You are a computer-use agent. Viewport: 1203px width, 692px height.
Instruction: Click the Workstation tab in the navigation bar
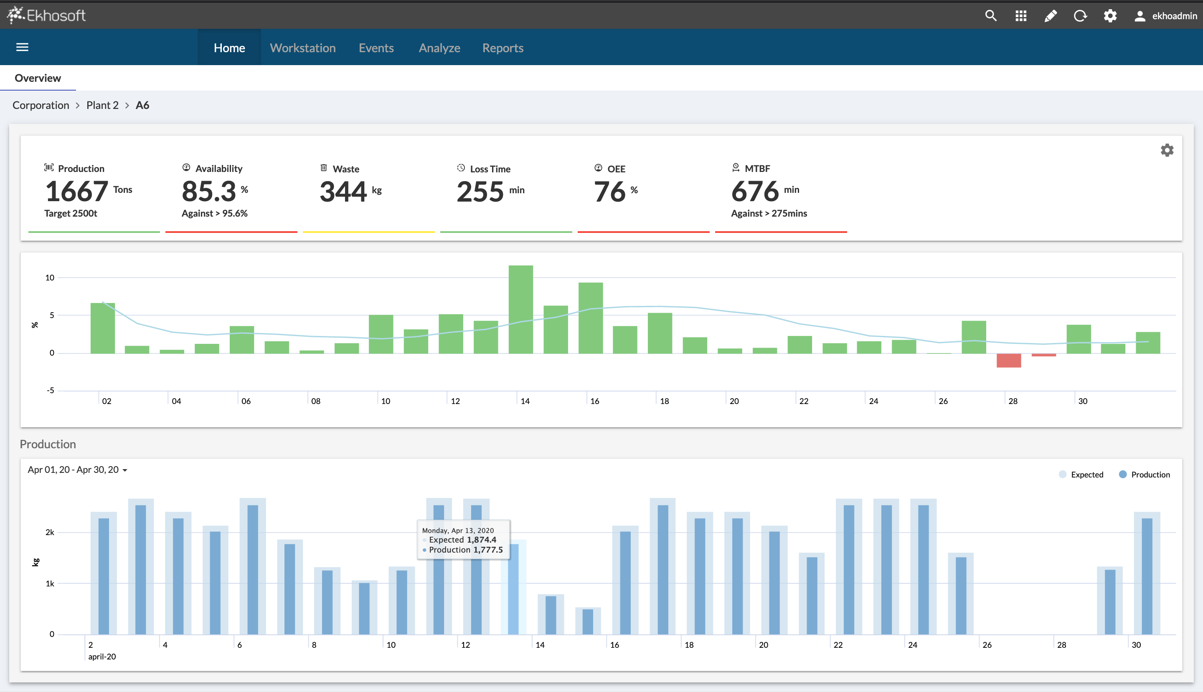click(x=302, y=48)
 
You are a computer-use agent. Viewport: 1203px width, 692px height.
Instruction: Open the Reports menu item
click(x=503, y=48)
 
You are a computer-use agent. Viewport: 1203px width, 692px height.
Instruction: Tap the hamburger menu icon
click(x=23, y=47)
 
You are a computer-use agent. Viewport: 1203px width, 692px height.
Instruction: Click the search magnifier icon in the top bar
click(x=990, y=16)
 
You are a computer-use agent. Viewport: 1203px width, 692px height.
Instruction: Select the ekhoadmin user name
click(x=1174, y=16)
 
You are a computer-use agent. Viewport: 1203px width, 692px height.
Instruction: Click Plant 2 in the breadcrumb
click(x=102, y=105)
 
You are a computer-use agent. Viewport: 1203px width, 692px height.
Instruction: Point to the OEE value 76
click(x=609, y=192)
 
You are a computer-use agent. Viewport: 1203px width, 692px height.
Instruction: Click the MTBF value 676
click(x=754, y=192)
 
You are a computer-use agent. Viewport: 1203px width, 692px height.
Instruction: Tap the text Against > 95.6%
click(x=215, y=213)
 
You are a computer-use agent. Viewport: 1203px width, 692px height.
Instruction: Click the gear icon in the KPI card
click(x=1166, y=151)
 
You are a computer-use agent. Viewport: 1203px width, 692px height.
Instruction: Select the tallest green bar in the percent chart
click(x=520, y=309)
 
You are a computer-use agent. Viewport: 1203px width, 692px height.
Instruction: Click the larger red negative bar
click(x=1008, y=360)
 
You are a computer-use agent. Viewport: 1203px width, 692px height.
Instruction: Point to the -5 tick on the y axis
click(x=51, y=390)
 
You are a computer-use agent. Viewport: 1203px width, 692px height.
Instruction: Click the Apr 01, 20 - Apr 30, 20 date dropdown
click(x=77, y=470)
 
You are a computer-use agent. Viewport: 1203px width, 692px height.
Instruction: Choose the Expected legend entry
click(x=1086, y=474)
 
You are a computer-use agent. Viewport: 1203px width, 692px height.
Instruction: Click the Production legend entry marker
click(x=1123, y=474)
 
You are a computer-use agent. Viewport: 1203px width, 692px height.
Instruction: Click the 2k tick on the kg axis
click(x=49, y=532)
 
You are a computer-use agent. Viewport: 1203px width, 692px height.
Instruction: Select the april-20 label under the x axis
click(x=102, y=657)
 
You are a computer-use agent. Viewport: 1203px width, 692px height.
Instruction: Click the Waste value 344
click(x=343, y=192)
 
